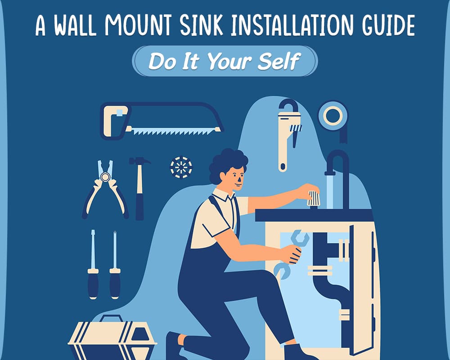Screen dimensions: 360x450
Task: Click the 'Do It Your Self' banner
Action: [225, 61]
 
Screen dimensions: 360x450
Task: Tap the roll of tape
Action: [333, 116]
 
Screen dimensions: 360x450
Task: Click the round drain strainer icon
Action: [181, 168]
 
